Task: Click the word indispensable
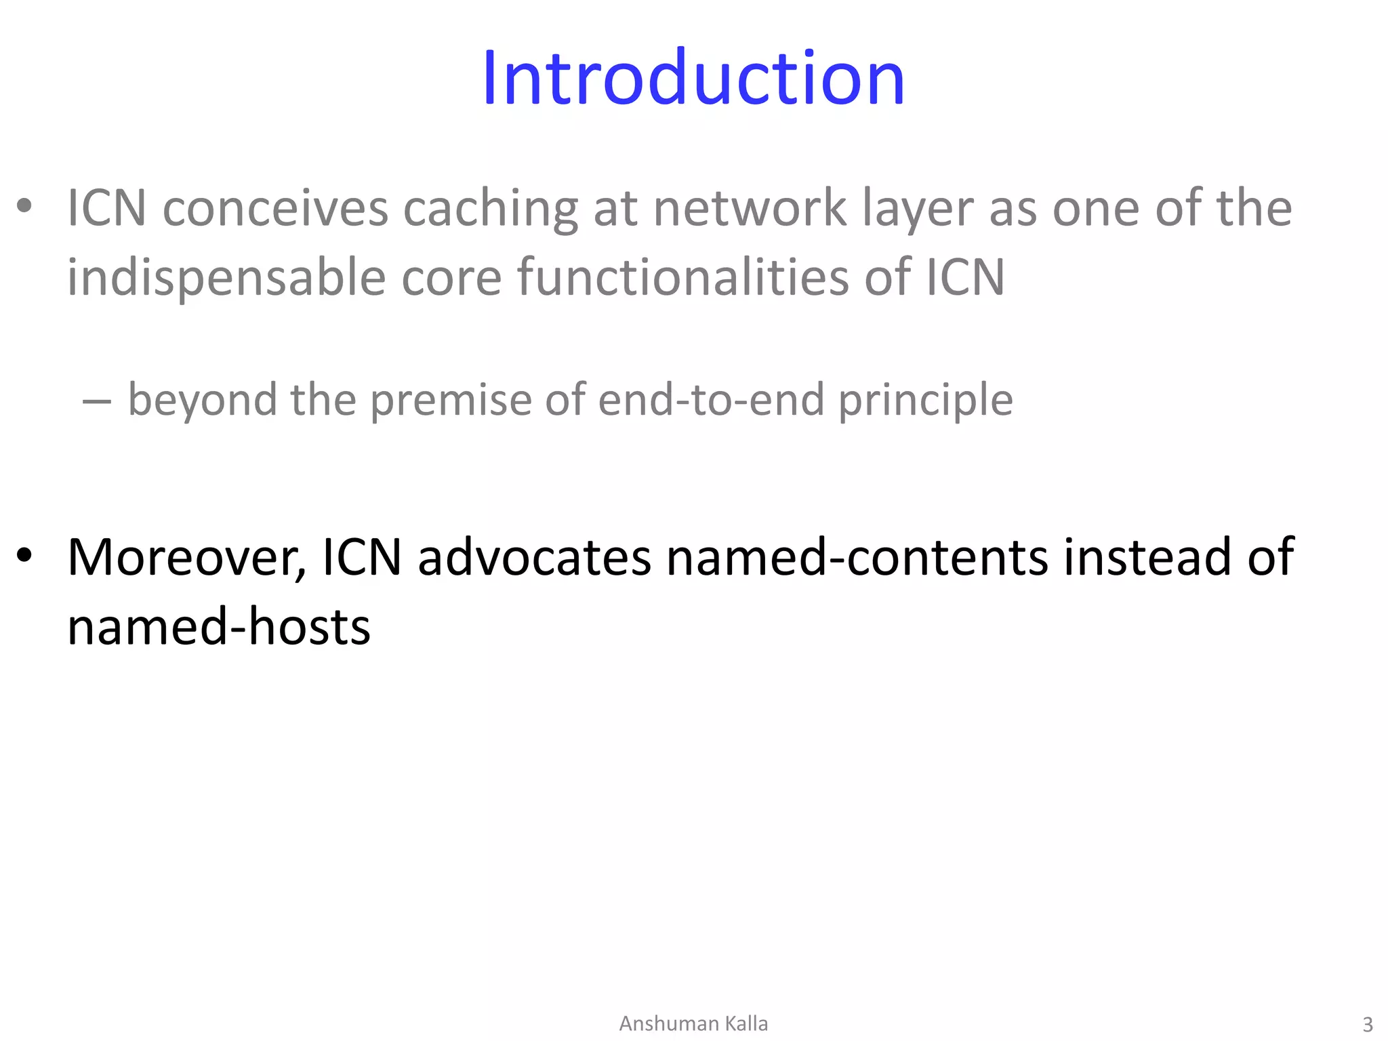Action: pos(226,278)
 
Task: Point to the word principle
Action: pos(926,400)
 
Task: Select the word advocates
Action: pos(534,557)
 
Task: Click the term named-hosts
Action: pos(219,627)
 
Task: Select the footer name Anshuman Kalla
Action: pos(693,1023)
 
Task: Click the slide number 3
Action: pos(1368,1024)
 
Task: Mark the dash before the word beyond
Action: pos(96,401)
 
